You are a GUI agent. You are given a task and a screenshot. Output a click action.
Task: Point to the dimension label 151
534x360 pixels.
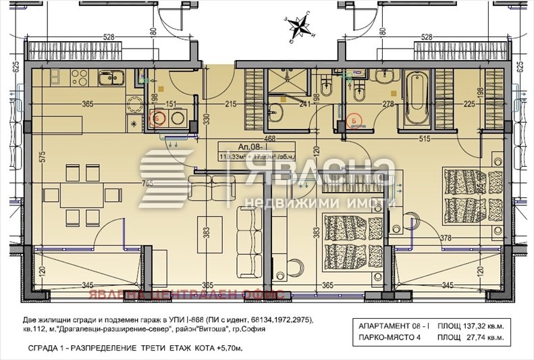point(171,104)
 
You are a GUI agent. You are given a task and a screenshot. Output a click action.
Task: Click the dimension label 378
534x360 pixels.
point(446,238)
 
